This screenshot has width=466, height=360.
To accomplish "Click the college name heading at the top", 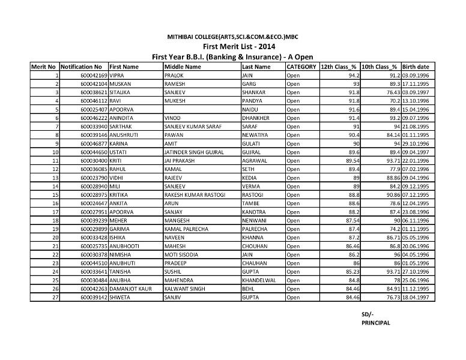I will tap(232, 37).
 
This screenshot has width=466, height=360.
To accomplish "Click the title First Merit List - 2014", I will tap(232, 47).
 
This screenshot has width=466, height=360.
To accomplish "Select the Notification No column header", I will tap(81, 67).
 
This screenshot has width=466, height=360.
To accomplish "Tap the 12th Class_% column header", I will tap(339, 67).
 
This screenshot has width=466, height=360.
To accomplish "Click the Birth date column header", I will tap(416, 67).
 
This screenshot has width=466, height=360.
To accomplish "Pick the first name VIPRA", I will tap(116, 76).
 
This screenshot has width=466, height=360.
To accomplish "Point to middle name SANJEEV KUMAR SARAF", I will tap(189, 127).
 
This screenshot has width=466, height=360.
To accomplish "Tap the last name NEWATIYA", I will tap(255, 136).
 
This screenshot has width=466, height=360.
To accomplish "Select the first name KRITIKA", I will tap(120, 196).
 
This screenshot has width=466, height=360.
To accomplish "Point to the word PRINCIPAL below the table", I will tap(376, 322).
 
